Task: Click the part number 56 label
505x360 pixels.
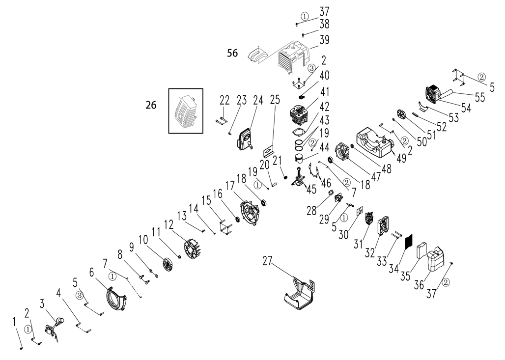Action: pyautogui.click(x=232, y=53)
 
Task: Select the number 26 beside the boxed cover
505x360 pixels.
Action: pyautogui.click(x=151, y=105)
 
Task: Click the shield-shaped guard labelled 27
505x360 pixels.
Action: pyautogui.click(x=299, y=294)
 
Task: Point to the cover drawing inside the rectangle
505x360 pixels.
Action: pyautogui.click(x=185, y=111)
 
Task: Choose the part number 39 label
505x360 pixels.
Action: pyautogui.click(x=324, y=39)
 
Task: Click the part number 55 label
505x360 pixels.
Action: pyautogui.click(x=480, y=97)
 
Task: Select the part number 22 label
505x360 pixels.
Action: pyautogui.click(x=224, y=100)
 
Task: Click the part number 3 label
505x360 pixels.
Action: pyautogui.click(x=43, y=303)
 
